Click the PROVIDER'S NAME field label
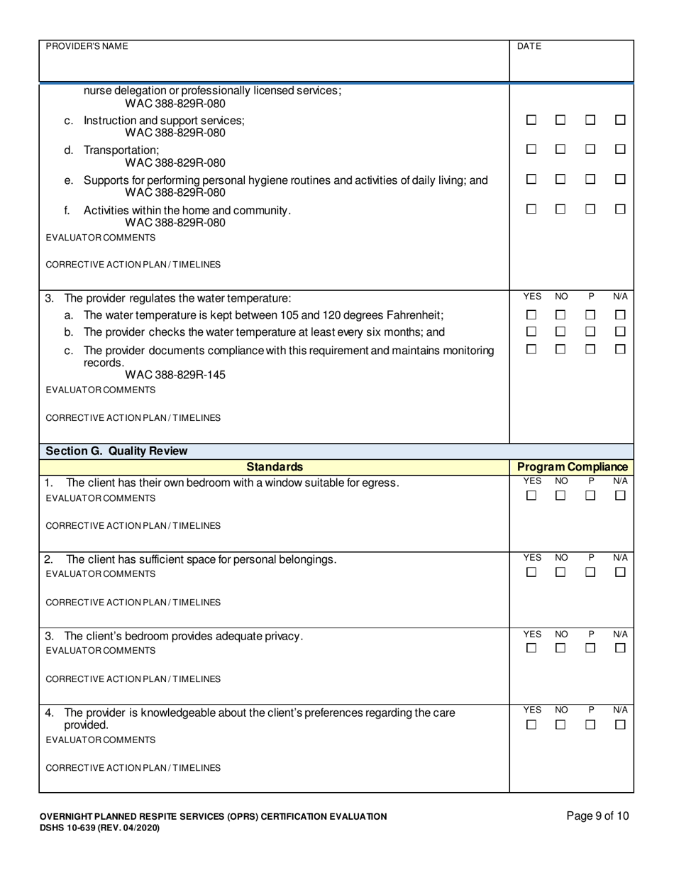point(87,46)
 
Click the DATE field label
point(529,46)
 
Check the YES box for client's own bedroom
point(531,496)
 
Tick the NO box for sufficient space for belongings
point(560,572)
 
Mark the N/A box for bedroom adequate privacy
point(620,648)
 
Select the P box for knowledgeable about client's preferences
point(590,725)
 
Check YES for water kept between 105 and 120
point(531,314)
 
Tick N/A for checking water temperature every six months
point(620,331)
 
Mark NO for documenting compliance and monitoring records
point(560,349)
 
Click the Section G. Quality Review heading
point(117,451)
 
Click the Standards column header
point(275,467)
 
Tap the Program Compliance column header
point(572,467)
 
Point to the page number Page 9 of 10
point(597,816)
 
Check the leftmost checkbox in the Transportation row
point(531,149)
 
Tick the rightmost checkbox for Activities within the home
point(620,209)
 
